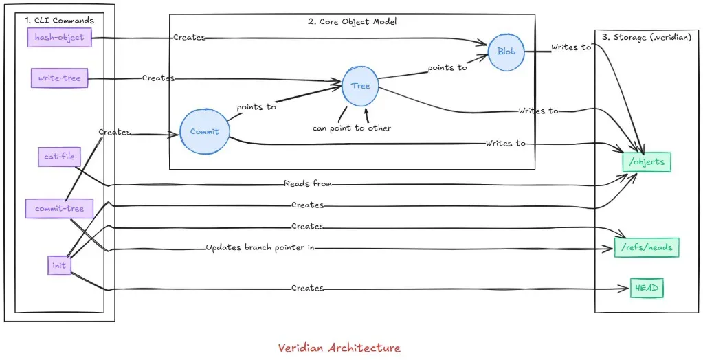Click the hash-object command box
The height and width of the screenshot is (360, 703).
coord(59,37)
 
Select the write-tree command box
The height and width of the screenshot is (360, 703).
coord(59,78)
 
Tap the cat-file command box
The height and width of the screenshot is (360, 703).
coord(59,157)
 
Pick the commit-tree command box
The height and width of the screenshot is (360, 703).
coord(59,208)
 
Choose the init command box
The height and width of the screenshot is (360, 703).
coord(59,265)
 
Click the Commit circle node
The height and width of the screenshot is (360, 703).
coord(204,131)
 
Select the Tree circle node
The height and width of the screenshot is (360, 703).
coord(360,86)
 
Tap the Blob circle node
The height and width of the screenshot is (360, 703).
coord(506,52)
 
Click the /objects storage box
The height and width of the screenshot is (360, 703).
coord(645,162)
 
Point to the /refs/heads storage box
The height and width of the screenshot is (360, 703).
coord(647,247)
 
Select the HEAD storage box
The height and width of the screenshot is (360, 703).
coord(647,289)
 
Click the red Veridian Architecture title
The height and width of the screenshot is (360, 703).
coord(339,348)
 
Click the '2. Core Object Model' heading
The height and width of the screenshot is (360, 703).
coord(352,21)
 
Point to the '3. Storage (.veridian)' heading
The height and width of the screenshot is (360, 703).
coord(646,37)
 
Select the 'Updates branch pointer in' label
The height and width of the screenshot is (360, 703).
coord(260,247)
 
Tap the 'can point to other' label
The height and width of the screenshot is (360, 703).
coord(351,128)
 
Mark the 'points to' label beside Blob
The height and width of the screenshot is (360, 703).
coord(447,68)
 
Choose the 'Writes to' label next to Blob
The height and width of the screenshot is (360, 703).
coord(571,47)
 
